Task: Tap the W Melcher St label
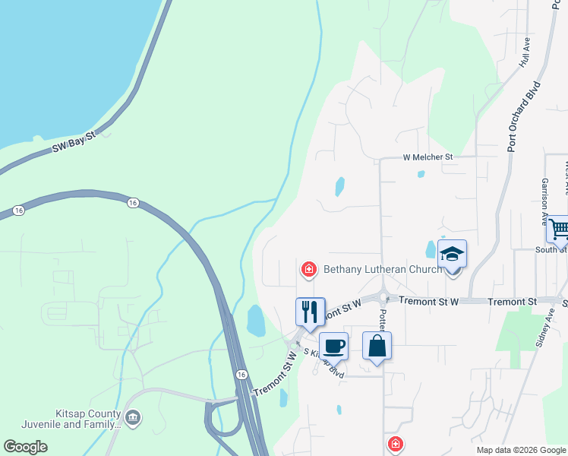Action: [428, 157]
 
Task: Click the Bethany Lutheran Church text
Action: [383, 269]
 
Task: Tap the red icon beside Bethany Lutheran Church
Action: [308, 269]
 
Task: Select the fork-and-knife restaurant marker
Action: [310, 311]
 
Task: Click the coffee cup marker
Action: [333, 346]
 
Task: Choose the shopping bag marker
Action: [377, 346]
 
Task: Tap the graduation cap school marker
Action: [452, 254]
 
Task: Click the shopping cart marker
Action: [559, 228]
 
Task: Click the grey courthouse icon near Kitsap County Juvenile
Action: [133, 417]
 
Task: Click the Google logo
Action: [25, 447]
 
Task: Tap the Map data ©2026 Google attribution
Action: [521, 450]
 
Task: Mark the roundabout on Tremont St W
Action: [383, 299]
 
